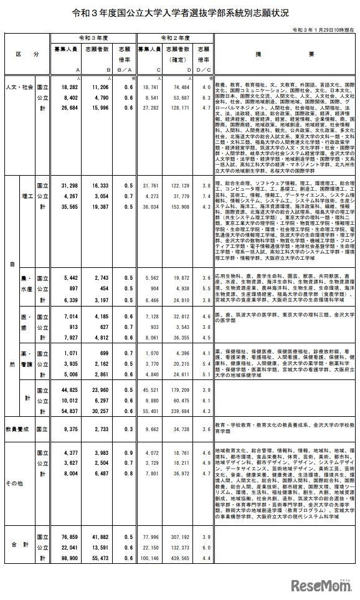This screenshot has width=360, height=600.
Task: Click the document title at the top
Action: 180,12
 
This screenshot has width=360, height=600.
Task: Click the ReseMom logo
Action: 318,586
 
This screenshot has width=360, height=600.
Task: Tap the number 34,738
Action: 182,430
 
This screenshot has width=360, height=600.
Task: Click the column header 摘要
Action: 284,55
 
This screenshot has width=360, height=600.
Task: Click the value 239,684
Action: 181,411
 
